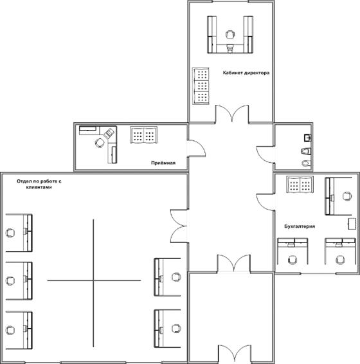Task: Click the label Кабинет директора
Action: coord(246,73)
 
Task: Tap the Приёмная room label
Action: coord(163,163)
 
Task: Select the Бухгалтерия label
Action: coord(300,226)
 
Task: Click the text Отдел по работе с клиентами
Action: coord(39,184)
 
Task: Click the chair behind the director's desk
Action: coord(230,35)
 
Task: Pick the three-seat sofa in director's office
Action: coord(201,86)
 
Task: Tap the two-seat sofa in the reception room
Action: coord(143,134)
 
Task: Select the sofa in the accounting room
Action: coord(300,185)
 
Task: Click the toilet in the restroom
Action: coord(306,151)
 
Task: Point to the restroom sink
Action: coord(307,138)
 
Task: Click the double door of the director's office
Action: coord(232,114)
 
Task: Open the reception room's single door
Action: coord(196,148)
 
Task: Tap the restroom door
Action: coord(265,155)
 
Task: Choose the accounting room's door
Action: coord(265,202)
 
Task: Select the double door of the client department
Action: coord(179,226)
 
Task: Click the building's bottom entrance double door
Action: coord(235,354)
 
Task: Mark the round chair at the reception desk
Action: coord(100,142)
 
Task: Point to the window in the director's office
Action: coord(231,2)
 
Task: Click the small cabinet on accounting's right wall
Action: coord(352,224)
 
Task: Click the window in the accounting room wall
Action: coord(318,273)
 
